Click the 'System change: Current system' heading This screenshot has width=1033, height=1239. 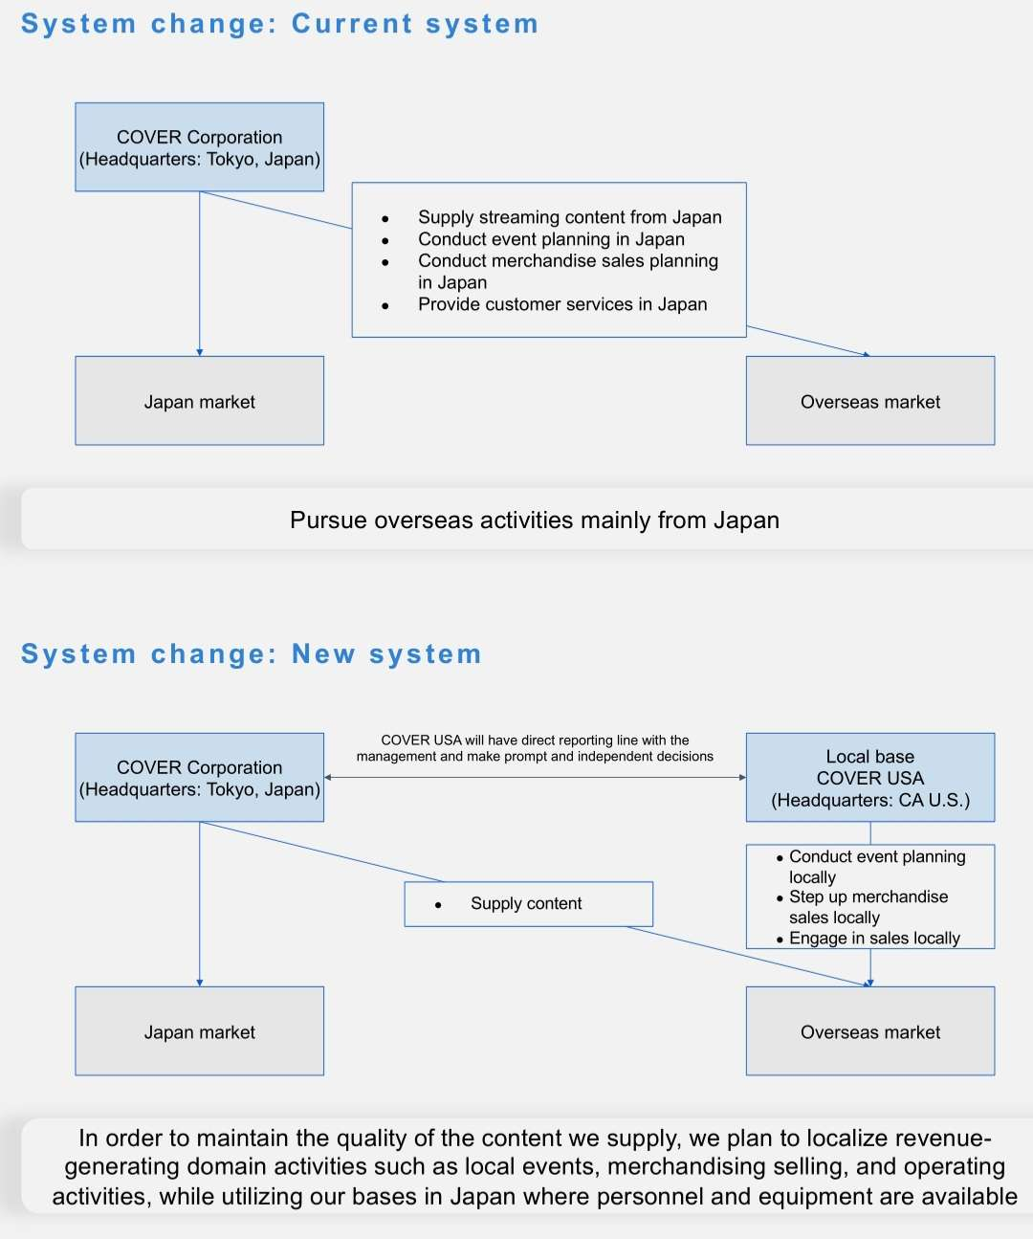point(279,24)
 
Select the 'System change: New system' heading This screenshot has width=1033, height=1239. point(252,654)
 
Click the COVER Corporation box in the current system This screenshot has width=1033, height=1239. point(199,147)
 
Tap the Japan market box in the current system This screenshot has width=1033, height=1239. point(199,401)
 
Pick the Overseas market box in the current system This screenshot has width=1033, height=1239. point(869,401)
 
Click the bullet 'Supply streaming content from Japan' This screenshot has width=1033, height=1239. point(569,217)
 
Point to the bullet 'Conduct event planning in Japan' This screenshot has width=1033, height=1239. point(551,239)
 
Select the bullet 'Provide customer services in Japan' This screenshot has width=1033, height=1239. point(562,304)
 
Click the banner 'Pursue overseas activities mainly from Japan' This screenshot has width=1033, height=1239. point(534,520)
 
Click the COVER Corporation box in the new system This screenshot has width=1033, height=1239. point(199,778)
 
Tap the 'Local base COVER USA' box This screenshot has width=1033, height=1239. point(869,778)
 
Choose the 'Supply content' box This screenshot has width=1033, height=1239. point(528,903)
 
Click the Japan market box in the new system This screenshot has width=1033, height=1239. point(199,1031)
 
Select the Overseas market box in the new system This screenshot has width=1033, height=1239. point(869,1031)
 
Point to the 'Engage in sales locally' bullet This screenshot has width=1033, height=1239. point(874,939)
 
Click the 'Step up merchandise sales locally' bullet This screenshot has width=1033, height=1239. point(868,907)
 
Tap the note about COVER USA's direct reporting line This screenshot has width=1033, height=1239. point(535,747)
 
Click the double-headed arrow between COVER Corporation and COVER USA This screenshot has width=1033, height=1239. point(535,778)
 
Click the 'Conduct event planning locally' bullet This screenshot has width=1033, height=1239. point(876,866)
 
